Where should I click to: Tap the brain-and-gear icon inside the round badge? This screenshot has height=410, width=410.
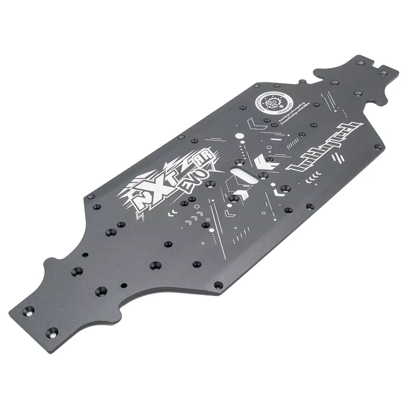273,100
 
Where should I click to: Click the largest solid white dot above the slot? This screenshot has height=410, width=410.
239,136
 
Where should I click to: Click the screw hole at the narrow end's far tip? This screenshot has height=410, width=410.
382,72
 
